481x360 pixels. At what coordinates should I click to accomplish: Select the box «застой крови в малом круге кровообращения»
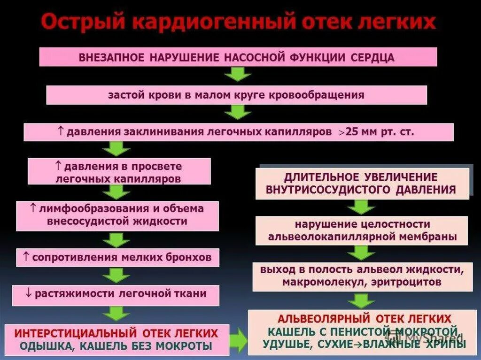point(236,95)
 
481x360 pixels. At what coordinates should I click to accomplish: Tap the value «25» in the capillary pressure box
point(352,132)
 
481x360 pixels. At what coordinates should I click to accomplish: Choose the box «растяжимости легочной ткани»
point(116,294)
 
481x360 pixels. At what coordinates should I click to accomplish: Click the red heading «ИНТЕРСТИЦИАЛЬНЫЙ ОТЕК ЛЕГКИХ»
point(116,334)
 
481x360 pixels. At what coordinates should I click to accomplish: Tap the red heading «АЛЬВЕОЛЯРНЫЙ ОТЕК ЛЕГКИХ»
point(365,318)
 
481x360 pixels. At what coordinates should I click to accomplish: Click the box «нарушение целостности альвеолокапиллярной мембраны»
point(362,230)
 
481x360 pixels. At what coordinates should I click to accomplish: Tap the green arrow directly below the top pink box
point(238,75)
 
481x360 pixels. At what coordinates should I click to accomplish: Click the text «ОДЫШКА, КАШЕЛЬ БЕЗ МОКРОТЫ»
point(116,346)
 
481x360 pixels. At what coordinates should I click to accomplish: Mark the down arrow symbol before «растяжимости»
point(28,294)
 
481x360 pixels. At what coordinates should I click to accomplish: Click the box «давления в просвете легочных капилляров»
point(119,172)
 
